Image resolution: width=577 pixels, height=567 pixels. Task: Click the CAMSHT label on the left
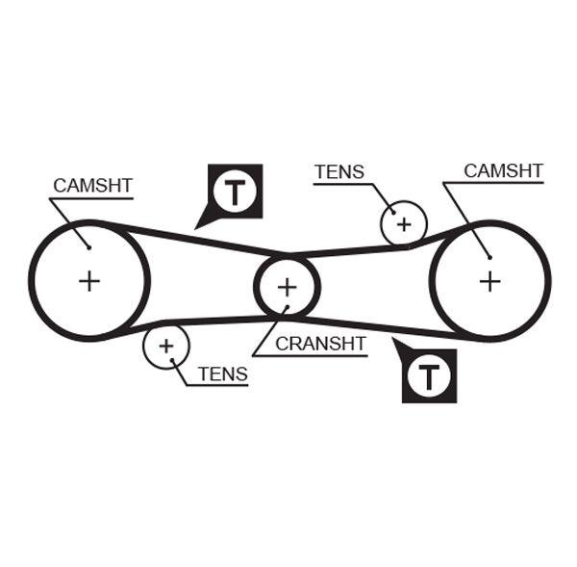(92, 185)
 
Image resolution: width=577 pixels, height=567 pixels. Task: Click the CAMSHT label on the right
(503, 170)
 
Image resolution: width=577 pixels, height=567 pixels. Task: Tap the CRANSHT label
(321, 343)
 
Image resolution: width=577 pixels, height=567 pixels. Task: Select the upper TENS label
(339, 172)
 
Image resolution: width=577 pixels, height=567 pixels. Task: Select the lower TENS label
(222, 374)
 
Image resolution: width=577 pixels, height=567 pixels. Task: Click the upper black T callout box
(234, 191)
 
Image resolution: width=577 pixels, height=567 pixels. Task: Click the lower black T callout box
(428, 374)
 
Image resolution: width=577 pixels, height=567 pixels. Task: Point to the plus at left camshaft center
(89, 281)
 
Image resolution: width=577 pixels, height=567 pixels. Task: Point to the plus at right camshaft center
(490, 281)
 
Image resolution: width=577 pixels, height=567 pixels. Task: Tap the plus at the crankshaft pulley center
(287, 287)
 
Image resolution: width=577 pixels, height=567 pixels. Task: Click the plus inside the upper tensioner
(404, 224)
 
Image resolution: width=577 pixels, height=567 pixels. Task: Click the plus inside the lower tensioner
(167, 345)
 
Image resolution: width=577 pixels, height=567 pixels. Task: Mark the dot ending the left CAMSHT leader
(88, 246)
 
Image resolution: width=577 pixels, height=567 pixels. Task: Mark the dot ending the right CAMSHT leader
(489, 256)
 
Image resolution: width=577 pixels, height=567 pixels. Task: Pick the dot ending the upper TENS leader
(392, 212)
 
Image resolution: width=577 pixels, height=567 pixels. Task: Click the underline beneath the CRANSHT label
(320, 356)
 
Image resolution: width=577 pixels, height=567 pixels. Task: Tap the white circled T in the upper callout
(234, 191)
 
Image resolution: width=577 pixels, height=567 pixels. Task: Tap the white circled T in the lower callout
(428, 376)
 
